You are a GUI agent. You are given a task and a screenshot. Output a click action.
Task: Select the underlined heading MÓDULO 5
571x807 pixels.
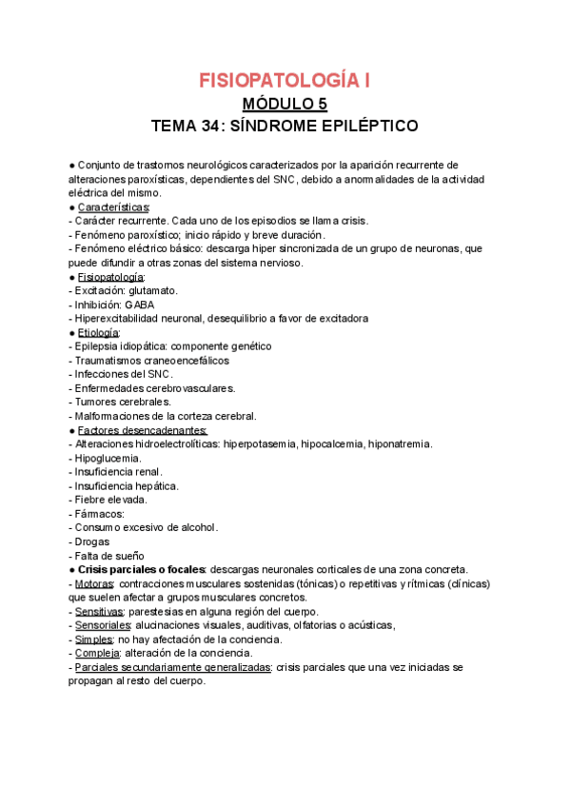pyautogui.click(x=285, y=104)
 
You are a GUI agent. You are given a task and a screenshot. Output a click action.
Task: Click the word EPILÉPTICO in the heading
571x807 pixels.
pyautogui.click(x=365, y=127)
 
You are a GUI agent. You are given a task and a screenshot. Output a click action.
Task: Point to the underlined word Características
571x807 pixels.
pyautogui.click(x=112, y=207)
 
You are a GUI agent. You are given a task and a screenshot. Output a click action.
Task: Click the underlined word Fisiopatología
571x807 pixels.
pyautogui.click(x=109, y=276)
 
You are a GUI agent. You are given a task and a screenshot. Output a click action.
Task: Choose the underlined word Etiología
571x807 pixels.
pyautogui.click(x=98, y=332)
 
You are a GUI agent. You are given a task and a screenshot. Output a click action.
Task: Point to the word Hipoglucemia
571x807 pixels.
pyautogui.click(x=108, y=458)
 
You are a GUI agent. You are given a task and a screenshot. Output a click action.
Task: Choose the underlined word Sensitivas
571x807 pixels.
pyautogui.click(x=101, y=611)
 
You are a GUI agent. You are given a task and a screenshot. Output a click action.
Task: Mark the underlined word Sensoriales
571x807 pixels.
pyautogui.click(x=105, y=625)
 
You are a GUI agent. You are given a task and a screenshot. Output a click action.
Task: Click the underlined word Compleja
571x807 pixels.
pyautogui.click(x=97, y=653)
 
